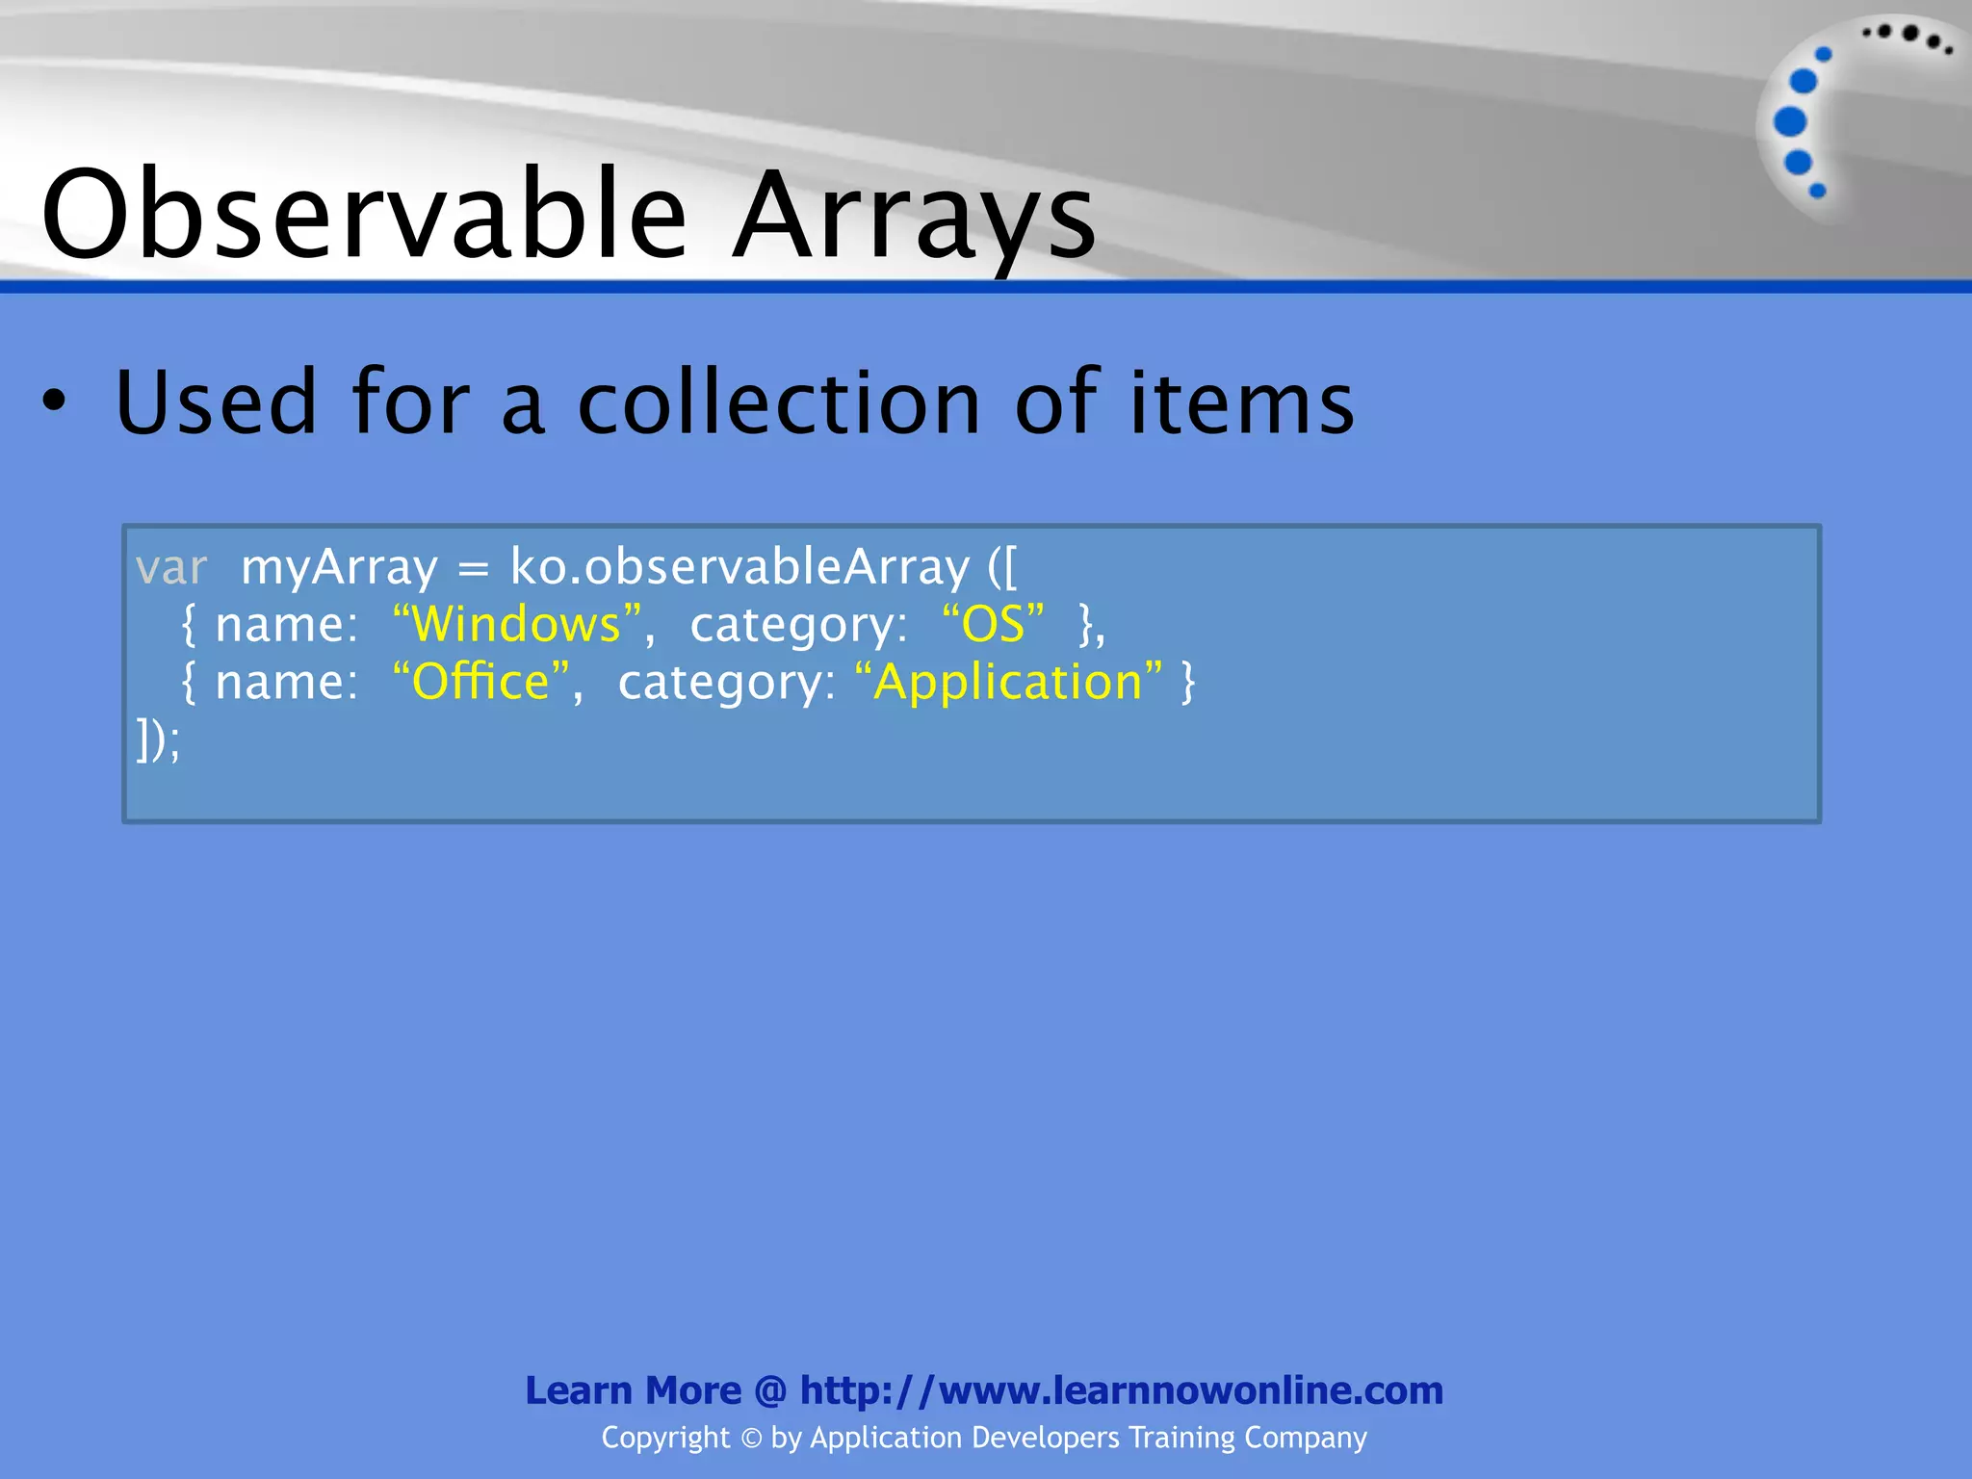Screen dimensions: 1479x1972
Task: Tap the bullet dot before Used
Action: tap(55, 402)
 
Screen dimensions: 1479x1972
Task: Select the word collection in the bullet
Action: tap(778, 402)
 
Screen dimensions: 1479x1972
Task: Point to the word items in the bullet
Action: tap(1241, 402)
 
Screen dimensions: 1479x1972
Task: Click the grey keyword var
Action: tap(171, 568)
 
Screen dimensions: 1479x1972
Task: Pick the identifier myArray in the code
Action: tap(339, 568)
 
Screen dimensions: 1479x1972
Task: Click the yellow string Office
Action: tap(480, 682)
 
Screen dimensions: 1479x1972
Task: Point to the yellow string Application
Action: tap(1008, 682)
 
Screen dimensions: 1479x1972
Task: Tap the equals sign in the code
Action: tap(473, 568)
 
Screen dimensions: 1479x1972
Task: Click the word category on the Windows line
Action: tap(797, 626)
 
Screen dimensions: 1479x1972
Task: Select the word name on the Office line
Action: tap(285, 683)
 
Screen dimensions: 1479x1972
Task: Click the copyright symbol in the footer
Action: tap(751, 1439)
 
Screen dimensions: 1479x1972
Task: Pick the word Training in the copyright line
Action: tap(1181, 1438)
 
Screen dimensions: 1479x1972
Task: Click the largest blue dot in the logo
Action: tap(1790, 122)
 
